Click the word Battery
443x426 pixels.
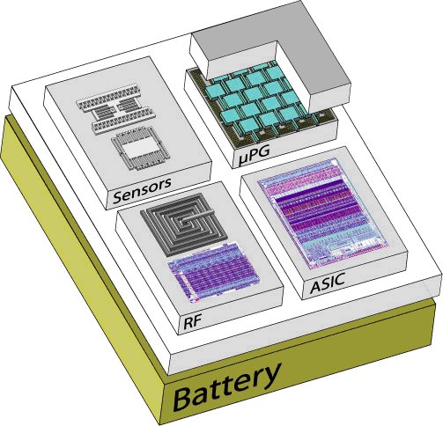click(x=225, y=386)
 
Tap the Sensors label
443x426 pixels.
click(x=142, y=190)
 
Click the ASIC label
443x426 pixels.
click(x=327, y=283)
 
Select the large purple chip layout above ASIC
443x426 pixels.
click(x=323, y=214)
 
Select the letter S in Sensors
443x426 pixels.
click(x=118, y=196)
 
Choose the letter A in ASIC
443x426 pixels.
click(x=315, y=286)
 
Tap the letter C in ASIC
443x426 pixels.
click(x=338, y=279)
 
